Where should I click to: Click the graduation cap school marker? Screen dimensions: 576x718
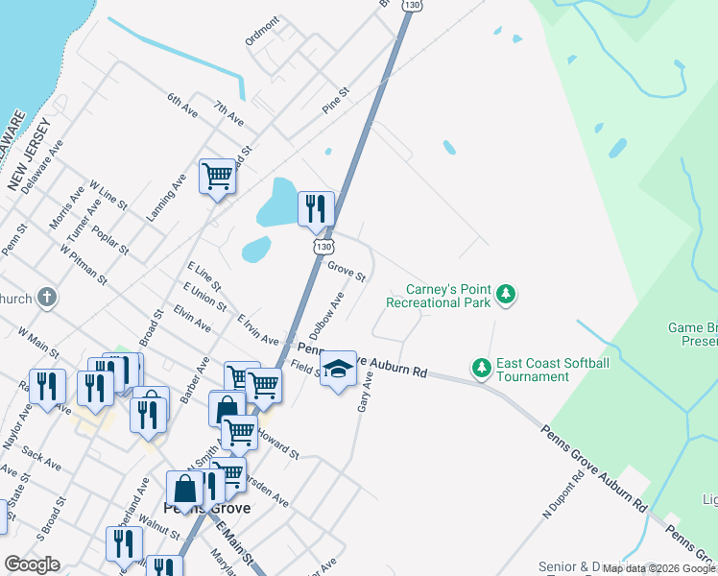[337, 369]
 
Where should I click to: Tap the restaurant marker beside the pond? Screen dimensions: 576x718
[316, 208]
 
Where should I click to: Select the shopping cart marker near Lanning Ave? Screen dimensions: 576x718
[218, 178]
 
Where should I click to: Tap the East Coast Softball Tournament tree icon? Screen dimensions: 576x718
[481, 367]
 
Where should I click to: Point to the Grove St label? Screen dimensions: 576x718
[347, 272]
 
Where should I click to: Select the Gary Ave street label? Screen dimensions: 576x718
[364, 393]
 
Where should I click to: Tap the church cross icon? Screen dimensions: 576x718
[46, 298]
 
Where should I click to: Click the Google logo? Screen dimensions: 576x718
[32, 564]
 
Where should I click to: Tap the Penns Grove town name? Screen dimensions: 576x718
[206, 508]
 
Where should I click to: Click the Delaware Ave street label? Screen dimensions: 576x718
[42, 165]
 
